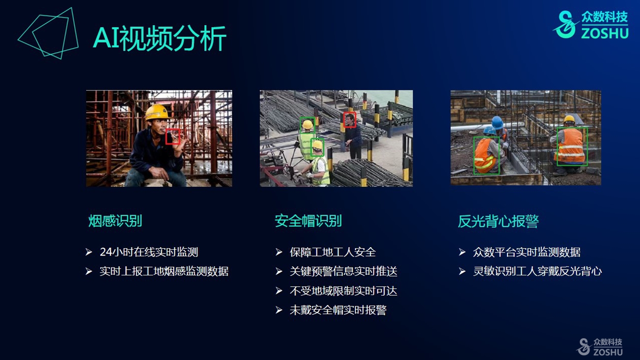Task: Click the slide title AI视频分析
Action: [160, 38]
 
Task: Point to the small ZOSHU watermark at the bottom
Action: [599, 346]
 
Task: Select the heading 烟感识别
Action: [115, 221]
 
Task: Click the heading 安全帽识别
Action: [308, 221]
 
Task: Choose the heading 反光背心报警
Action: [498, 221]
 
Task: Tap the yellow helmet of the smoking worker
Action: [157, 112]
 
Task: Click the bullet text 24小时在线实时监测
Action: [149, 252]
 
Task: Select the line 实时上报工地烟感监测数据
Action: [164, 271]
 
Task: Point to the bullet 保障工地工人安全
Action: [332, 252]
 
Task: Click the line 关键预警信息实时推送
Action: [343, 271]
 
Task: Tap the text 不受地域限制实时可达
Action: [343, 291]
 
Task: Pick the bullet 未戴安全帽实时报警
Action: [338, 310]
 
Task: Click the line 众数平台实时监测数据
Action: [527, 252]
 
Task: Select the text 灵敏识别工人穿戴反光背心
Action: [537, 271]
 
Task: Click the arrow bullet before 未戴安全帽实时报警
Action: [279, 310]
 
